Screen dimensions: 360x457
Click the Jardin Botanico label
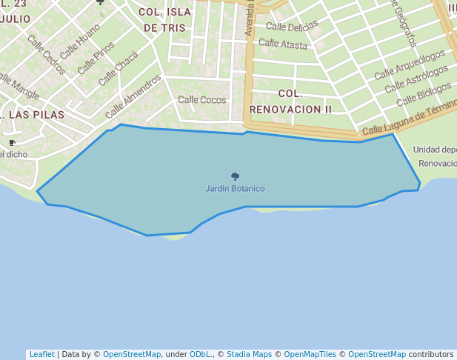click(235, 189)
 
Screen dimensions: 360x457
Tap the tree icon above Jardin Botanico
click(235, 177)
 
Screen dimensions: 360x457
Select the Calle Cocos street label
click(202, 99)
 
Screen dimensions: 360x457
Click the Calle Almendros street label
click(133, 96)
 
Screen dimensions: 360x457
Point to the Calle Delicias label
click(292, 26)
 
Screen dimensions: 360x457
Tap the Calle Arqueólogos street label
click(410, 64)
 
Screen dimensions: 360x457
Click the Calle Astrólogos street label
click(416, 80)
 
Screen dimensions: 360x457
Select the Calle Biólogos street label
click(424, 94)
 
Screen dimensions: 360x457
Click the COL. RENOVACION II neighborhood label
click(290, 101)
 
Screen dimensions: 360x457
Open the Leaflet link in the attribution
click(41, 354)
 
